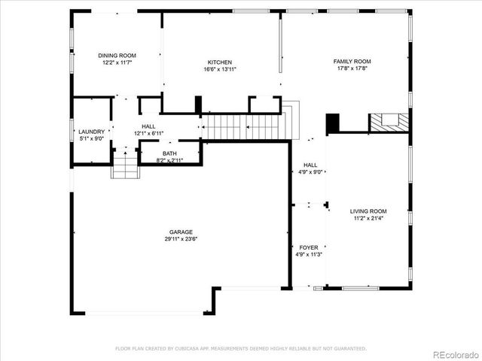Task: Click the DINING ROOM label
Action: point(117,55)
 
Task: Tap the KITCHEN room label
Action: point(220,62)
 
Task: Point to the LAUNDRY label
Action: point(92,132)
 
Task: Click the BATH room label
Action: point(169,153)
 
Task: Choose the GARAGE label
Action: point(181,232)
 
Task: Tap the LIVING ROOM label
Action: point(368,211)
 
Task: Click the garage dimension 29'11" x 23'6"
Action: point(181,239)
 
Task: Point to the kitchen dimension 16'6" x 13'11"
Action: point(220,69)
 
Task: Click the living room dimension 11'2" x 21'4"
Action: point(368,219)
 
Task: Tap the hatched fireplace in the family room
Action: point(389,122)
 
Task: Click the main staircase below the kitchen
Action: point(241,127)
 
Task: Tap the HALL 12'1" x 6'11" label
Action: point(148,130)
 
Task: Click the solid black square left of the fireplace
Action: point(333,123)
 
